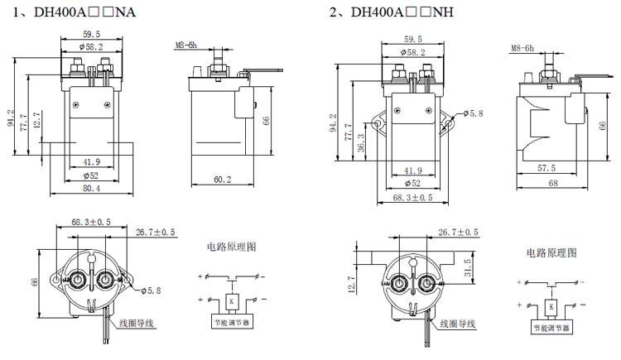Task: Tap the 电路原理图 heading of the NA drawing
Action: (x=233, y=247)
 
